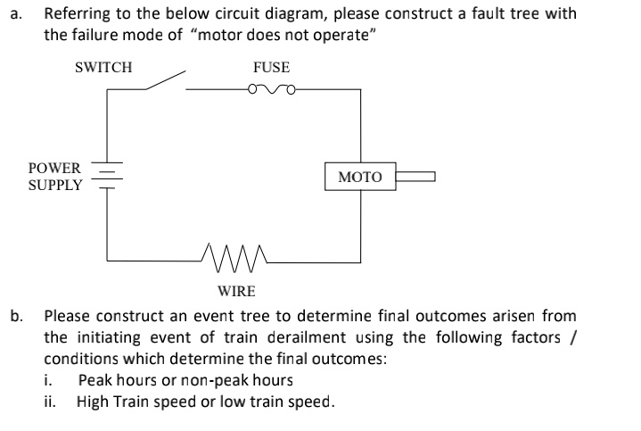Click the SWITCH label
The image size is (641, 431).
pyautogui.click(x=103, y=67)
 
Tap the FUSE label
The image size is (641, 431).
pyautogui.click(x=271, y=67)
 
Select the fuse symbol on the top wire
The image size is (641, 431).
pyautogui.click(x=274, y=88)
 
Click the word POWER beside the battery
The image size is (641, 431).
pyautogui.click(x=55, y=168)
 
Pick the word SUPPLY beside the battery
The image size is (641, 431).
pyautogui.click(x=55, y=186)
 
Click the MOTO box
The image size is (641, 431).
pyautogui.click(x=360, y=177)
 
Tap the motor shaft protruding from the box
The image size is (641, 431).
pyautogui.click(x=416, y=177)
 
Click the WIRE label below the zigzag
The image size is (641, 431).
pyautogui.click(x=236, y=291)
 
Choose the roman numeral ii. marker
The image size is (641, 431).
pyautogui.click(x=51, y=401)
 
